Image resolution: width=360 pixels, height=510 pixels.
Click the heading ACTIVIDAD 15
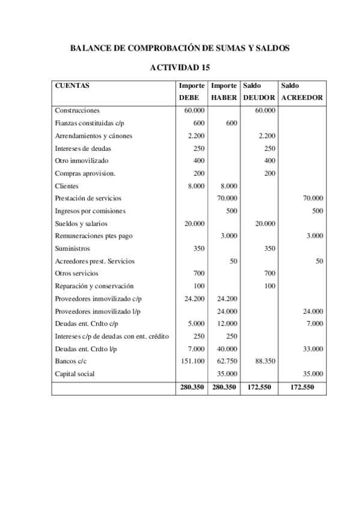tap(180, 67)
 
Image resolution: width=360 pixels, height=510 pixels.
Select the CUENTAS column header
tap(72, 85)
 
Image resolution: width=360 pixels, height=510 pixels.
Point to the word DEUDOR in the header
tap(259, 97)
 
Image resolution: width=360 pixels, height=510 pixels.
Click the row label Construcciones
tap(77, 111)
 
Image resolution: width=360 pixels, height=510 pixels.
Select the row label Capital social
tap(75, 373)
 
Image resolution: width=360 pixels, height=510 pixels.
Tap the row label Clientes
tap(67, 186)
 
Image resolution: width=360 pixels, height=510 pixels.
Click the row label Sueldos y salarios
tap(79, 223)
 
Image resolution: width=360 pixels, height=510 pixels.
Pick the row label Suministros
tap(72, 248)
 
